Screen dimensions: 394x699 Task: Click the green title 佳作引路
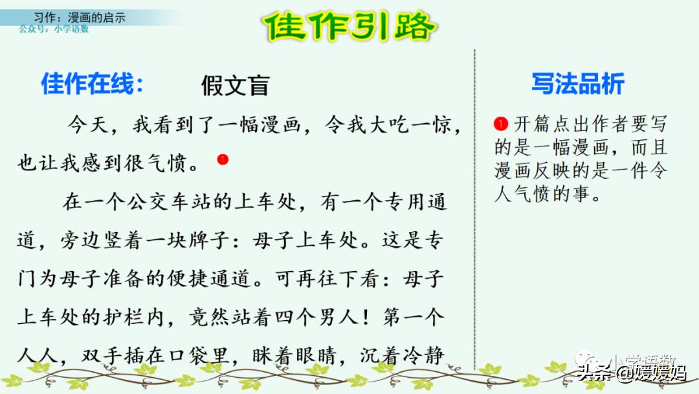tap(349, 27)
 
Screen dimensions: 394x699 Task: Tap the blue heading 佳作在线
tap(92, 84)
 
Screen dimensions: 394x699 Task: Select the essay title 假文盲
tap(234, 86)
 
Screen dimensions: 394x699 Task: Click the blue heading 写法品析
tap(577, 84)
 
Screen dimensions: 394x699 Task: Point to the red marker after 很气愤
tap(223, 159)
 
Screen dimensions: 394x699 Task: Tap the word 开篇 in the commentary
tap(531, 124)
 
